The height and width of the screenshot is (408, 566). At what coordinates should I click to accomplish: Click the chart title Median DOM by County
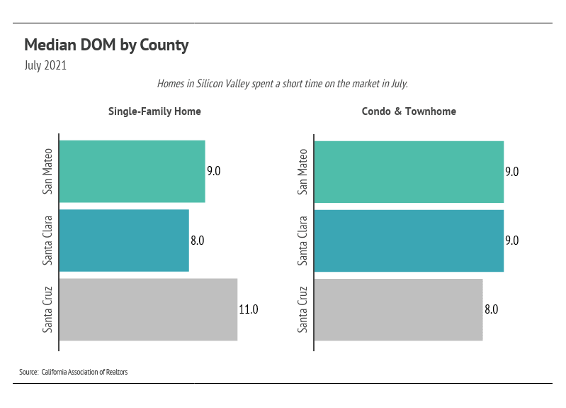106,45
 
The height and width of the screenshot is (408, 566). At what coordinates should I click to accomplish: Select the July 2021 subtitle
45,66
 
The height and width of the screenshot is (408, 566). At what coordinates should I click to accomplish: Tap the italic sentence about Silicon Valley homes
283,84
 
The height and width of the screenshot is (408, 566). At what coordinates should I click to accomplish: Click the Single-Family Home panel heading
154,111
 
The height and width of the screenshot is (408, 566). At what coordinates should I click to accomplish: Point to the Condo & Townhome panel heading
409,111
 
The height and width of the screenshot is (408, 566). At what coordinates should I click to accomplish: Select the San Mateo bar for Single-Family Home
132,171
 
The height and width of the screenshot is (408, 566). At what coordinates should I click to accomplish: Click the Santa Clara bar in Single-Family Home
124,240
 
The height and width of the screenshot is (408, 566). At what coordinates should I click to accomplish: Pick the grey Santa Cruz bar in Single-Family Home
148,309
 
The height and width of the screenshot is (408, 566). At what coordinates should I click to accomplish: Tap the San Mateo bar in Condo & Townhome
409,171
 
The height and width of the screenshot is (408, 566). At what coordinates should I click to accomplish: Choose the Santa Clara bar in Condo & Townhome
409,240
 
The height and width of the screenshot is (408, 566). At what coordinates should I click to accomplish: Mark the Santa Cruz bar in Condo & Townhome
398,309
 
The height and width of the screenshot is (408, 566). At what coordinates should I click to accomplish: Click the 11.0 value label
249,309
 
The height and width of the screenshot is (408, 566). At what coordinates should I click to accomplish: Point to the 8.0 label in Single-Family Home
198,241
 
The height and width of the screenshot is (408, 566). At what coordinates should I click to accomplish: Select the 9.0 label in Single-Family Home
214,171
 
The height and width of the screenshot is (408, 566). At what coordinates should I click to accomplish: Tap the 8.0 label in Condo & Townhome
492,309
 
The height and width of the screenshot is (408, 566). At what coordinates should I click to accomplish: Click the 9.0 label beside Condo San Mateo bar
512,171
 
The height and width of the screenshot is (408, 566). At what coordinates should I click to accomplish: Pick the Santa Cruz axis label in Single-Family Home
48,309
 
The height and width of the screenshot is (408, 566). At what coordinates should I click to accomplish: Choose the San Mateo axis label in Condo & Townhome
303,171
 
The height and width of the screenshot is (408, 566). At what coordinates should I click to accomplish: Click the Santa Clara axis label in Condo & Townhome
303,241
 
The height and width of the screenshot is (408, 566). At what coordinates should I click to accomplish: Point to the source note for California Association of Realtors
74,372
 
